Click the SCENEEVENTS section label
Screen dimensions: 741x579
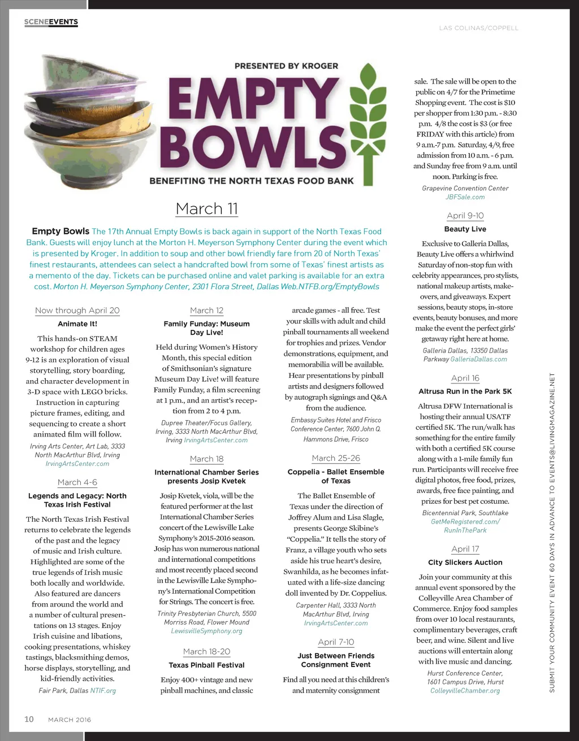click(51, 22)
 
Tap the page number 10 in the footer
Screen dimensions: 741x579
click(29, 719)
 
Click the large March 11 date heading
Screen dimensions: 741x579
click(206, 208)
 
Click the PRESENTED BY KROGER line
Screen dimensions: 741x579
click(286, 66)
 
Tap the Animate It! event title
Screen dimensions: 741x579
click(77, 324)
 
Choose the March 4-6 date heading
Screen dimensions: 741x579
click(77, 482)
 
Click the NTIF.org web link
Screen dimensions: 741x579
click(103, 690)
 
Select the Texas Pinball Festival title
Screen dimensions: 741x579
click(206, 665)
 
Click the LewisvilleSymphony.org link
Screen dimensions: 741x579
click(206, 631)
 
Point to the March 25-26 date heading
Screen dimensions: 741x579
click(336, 458)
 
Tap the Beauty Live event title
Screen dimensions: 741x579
click(465, 229)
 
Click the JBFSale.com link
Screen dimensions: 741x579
click(465, 197)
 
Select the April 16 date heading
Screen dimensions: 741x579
click(465, 378)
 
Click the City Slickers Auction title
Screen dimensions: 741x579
click(465, 562)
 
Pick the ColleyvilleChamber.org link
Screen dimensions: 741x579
click(465, 691)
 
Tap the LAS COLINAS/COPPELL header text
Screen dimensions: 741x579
click(478, 28)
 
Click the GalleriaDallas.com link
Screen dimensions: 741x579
click(478, 359)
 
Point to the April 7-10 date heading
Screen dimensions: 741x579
click(336, 642)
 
